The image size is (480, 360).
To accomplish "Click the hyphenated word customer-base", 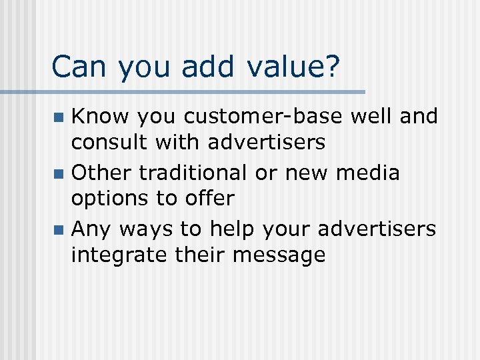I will click(263, 117).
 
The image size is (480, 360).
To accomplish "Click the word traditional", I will click(193, 173).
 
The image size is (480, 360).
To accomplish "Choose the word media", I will click(368, 173).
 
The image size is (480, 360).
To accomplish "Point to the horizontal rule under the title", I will click(200, 91).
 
